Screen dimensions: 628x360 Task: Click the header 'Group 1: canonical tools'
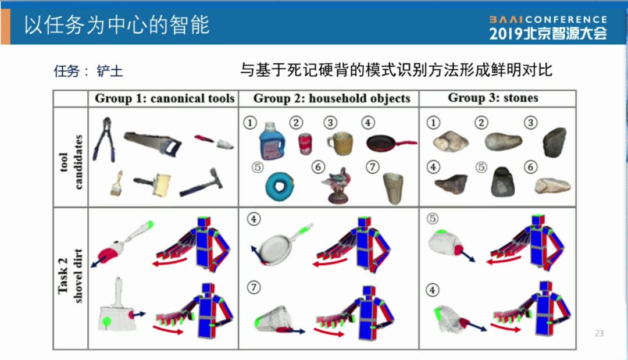(x=165, y=98)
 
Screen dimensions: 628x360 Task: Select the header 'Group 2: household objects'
(x=331, y=98)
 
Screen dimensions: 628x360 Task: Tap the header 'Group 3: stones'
(x=493, y=98)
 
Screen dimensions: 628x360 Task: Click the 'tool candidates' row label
(x=71, y=162)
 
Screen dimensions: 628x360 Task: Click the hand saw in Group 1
(x=152, y=142)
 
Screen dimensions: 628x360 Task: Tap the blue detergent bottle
(x=271, y=141)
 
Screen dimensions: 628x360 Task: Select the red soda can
(x=305, y=144)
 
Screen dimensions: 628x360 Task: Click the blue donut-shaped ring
(x=280, y=186)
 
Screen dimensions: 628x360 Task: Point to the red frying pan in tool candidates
(x=391, y=143)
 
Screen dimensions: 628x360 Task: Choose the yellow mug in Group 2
(x=340, y=143)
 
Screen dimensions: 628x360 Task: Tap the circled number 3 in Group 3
(x=531, y=123)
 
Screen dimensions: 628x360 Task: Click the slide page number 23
(x=599, y=333)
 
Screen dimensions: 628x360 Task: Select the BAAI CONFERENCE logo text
(x=548, y=20)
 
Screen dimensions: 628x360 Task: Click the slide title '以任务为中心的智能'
(x=116, y=25)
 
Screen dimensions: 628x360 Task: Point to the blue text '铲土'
(x=109, y=72)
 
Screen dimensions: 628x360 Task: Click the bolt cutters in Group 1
(x=104, y=140)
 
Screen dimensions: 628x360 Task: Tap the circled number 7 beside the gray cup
(x=373, y=166)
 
